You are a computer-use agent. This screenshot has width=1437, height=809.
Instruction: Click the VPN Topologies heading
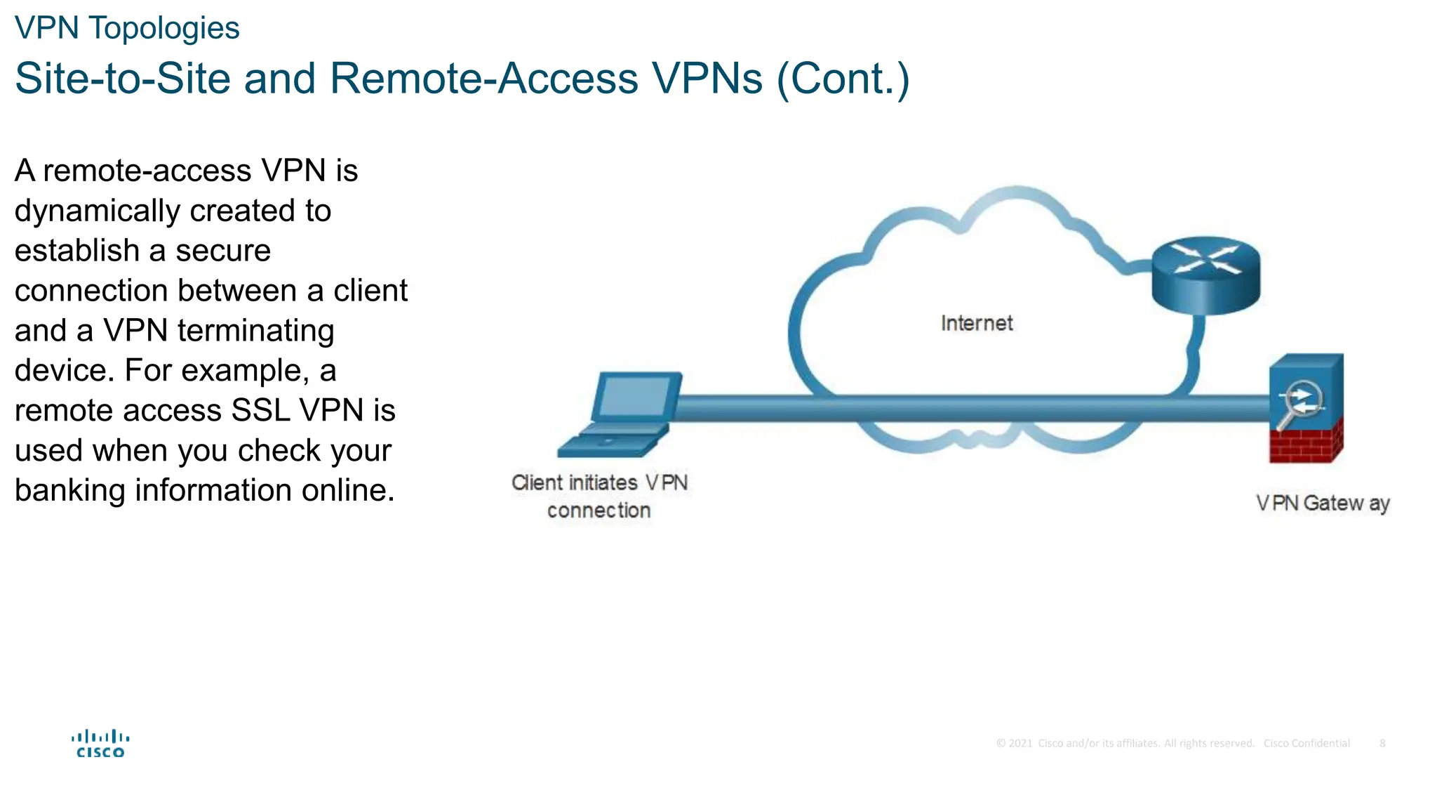127,29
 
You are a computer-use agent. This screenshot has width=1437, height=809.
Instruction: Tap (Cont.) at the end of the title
843,78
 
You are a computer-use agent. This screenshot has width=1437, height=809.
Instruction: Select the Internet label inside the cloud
977,323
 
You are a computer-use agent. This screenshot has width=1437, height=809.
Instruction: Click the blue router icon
1205,275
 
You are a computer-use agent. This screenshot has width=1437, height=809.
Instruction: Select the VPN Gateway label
1323,504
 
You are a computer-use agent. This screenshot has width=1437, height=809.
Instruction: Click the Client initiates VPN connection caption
599,496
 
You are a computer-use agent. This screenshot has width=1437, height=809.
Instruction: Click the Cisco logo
100,744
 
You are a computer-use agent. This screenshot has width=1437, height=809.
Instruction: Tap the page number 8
1382,743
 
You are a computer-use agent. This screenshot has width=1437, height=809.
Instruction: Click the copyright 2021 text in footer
1015,743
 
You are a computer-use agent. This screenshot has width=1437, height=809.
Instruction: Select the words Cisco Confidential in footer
1306,743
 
